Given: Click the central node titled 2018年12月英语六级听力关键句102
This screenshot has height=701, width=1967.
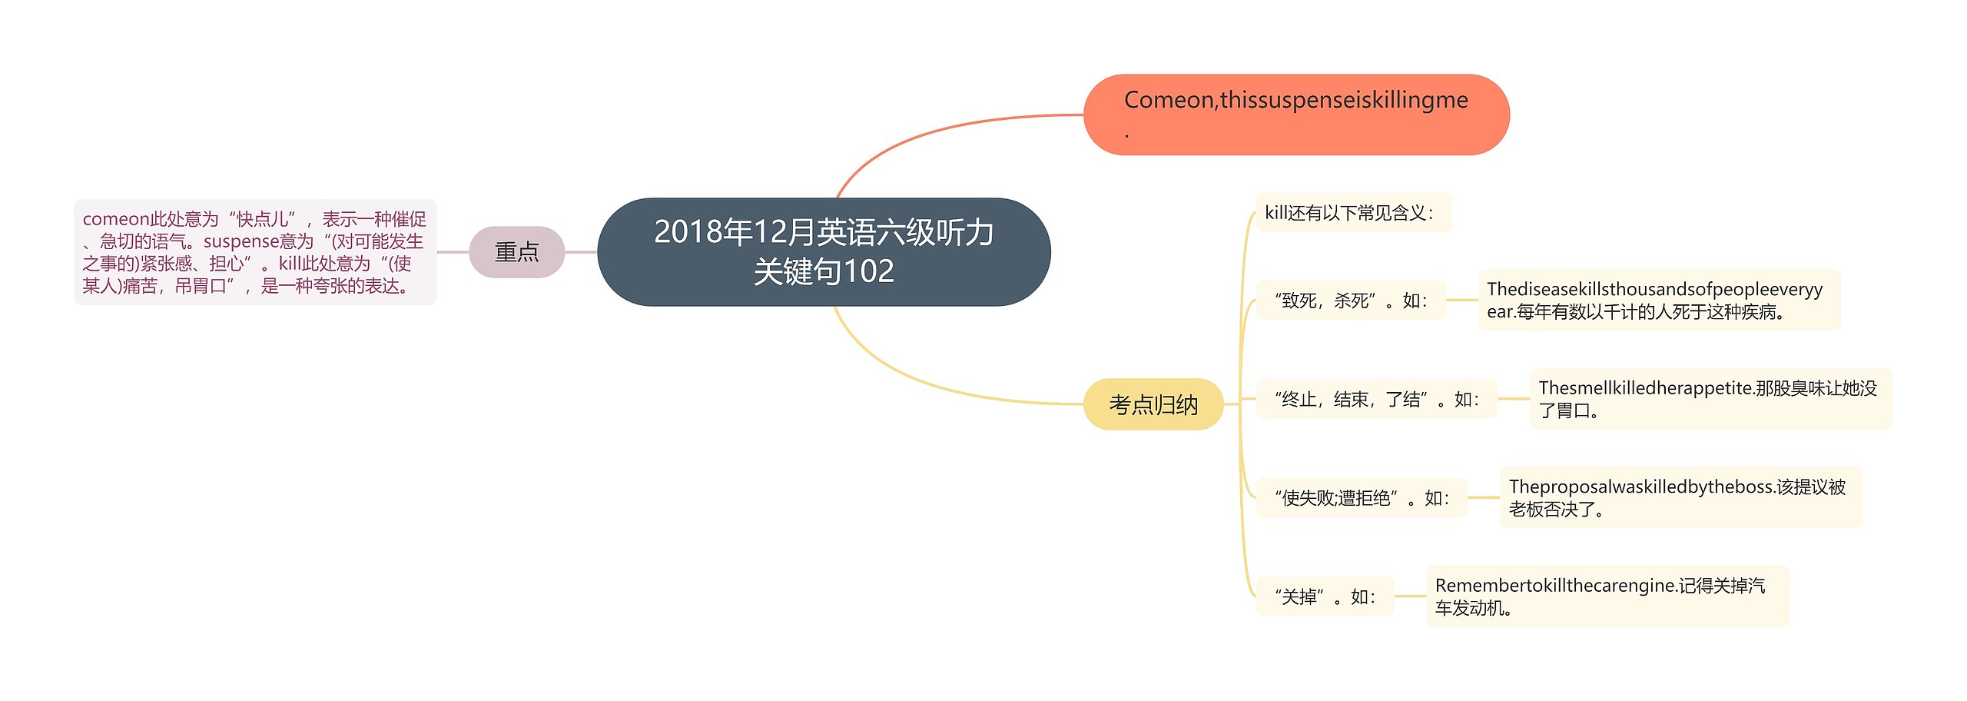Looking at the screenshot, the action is (x=823, y=251).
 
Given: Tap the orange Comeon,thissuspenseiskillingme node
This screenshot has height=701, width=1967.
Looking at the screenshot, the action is (x=1295, y=115).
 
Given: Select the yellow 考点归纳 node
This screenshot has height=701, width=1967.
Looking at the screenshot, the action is (x=1153, y=404).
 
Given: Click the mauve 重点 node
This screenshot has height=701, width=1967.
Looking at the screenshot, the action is (x=516, y=251).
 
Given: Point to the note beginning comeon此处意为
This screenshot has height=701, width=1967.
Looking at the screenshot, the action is (x=254, y=252).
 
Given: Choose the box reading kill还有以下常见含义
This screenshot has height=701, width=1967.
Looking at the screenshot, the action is (x=1352, y=213).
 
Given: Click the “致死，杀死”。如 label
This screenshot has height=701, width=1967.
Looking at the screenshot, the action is (x=1350, y=301).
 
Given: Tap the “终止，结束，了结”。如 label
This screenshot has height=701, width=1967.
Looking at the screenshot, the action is (x=1375, y=399).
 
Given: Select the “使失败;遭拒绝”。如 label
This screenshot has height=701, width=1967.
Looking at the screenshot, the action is (x=1361, y=498).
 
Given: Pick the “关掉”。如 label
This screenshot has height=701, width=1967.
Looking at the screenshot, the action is (x=1324, y=596).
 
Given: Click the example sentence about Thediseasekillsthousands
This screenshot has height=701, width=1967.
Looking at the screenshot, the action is (x=1658, y=301).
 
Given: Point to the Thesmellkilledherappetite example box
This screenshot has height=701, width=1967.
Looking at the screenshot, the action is (x=1710, y=399).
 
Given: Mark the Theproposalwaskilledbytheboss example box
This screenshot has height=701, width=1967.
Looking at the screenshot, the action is (x=1680, y=498).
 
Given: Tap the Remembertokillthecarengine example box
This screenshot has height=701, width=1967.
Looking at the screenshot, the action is (x=1606, y=596).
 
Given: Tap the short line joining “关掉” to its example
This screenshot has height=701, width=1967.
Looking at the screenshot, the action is (x=1409, y=596).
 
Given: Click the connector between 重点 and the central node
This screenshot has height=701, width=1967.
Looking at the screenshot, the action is (x=581, y=251).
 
